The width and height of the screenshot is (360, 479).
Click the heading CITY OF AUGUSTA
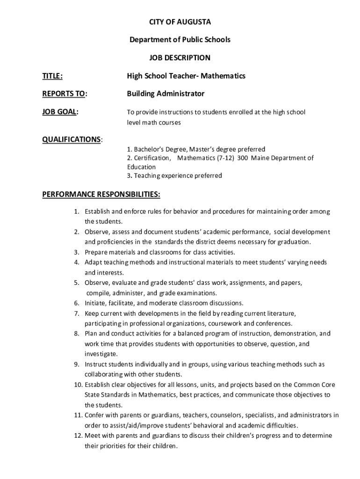(x=180, y=22)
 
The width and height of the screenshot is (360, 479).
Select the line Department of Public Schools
(x=180, y=40)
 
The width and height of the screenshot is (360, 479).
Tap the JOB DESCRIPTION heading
(x=180, y=58)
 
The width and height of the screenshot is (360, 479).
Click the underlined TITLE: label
(x=53, y=76)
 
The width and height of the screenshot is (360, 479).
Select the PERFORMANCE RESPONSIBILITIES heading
(x=101, y=194)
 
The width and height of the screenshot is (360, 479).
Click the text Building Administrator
(x=166, y=94)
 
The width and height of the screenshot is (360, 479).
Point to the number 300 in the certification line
(x=242, y=158)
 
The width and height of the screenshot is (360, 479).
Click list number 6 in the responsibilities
(x=77, y=303)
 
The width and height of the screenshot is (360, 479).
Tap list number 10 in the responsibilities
(x=78, y=385)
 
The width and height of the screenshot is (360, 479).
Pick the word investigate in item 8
(x=101, y=354)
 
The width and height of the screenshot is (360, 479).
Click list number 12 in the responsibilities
(x=78, y=435)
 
